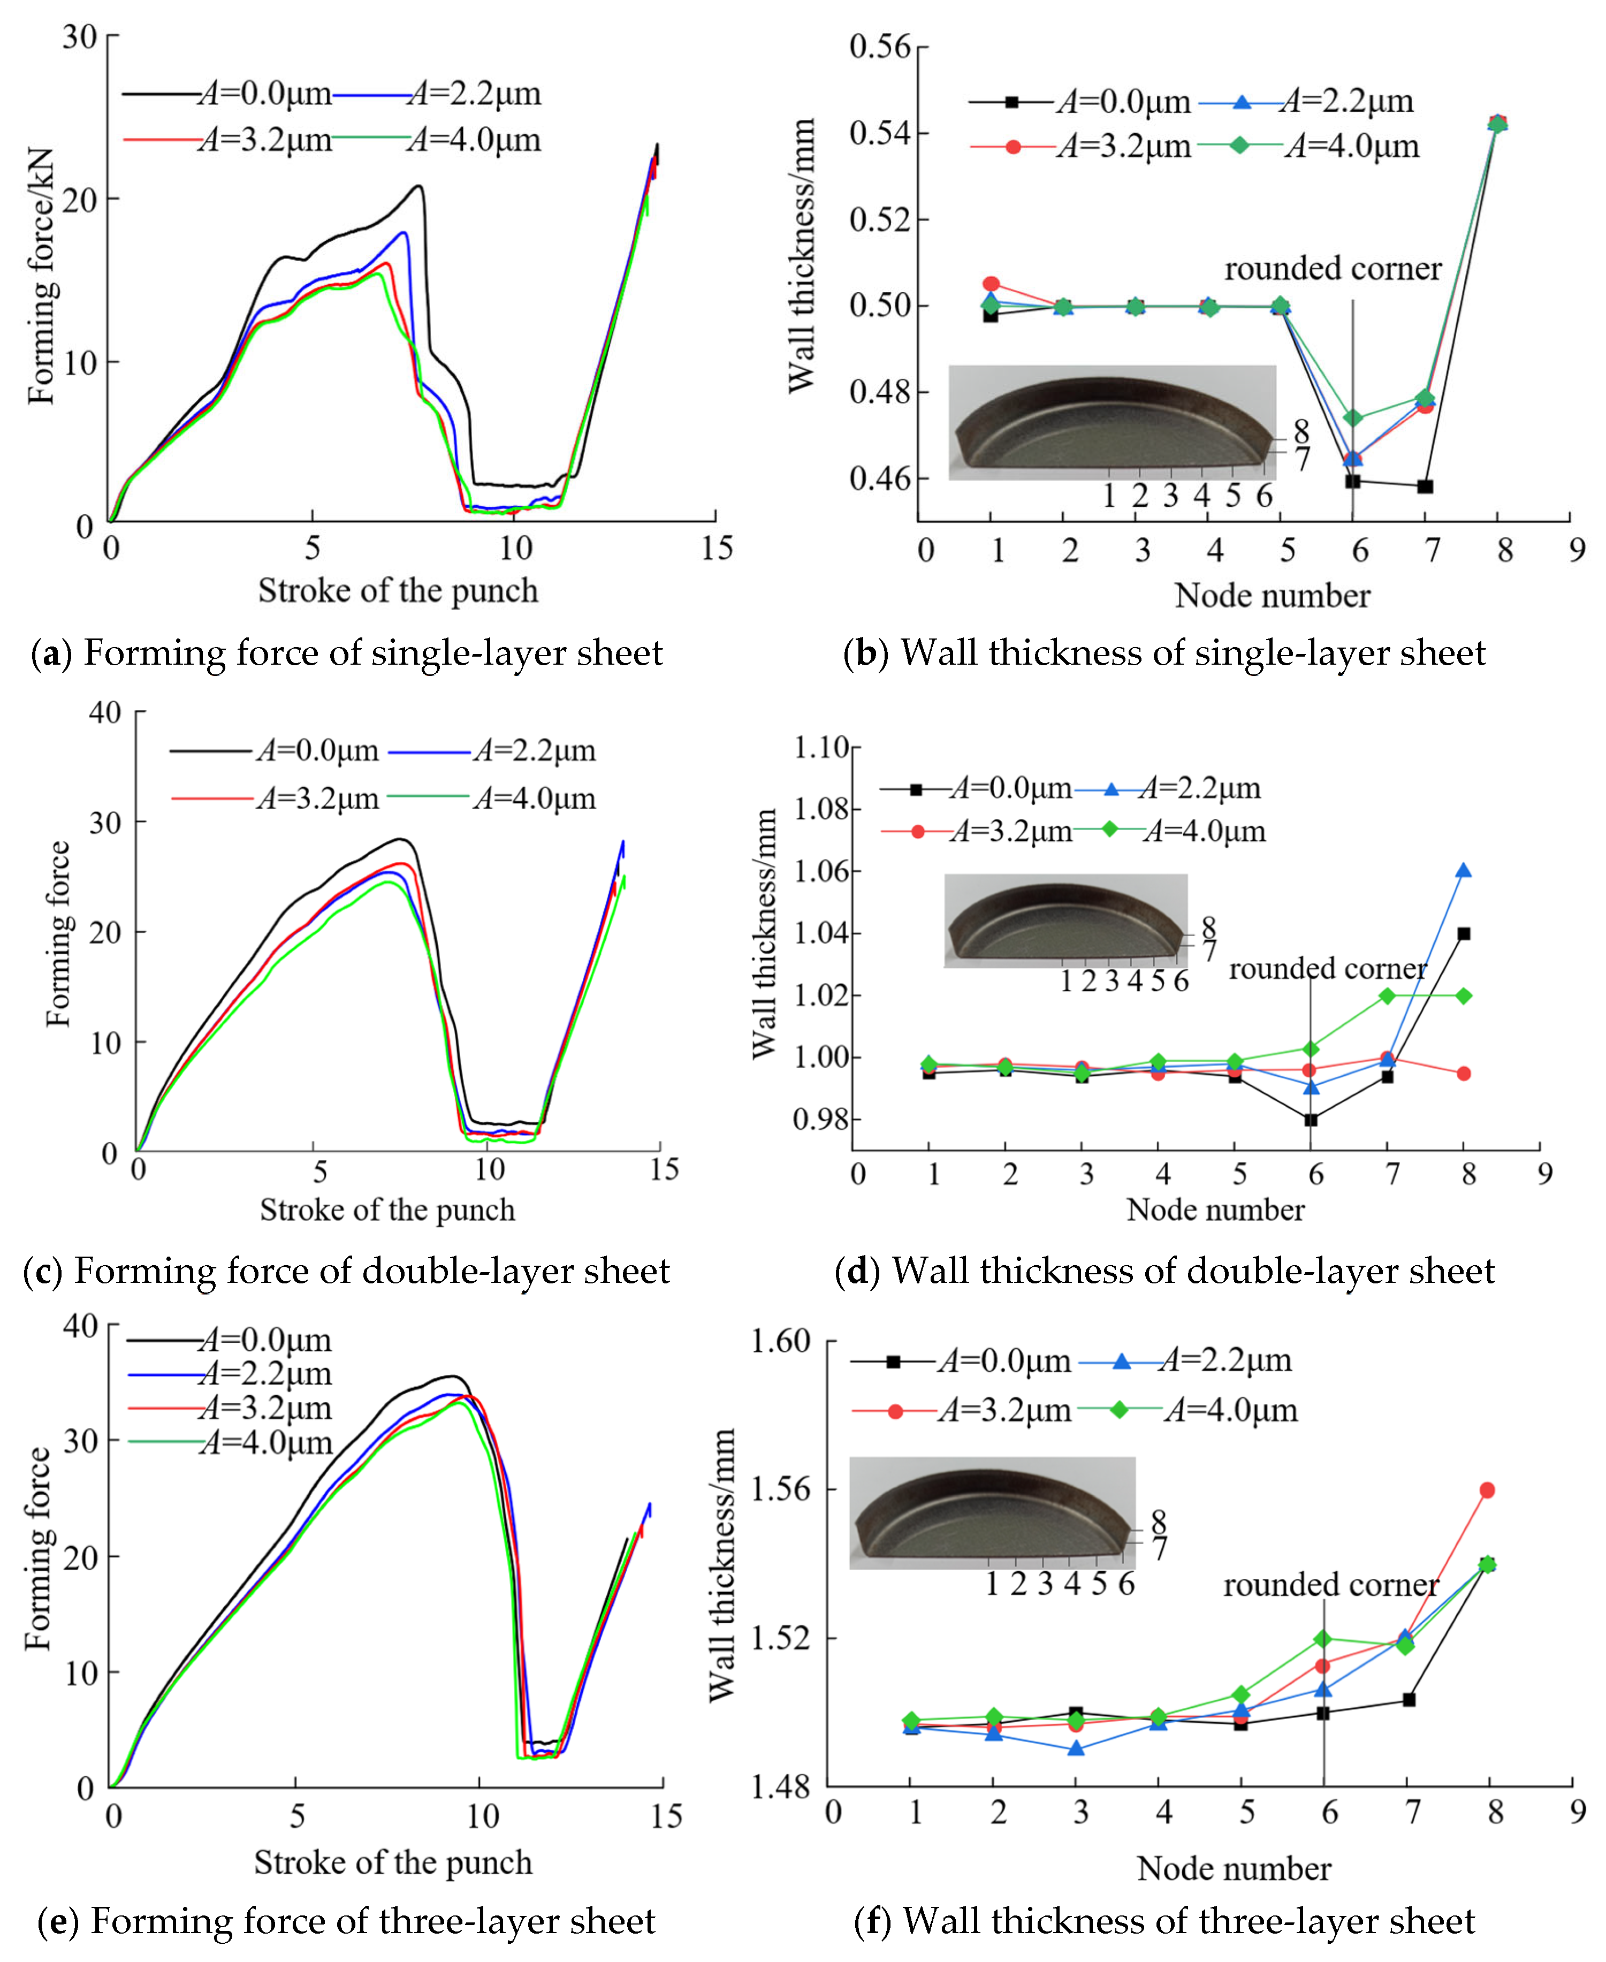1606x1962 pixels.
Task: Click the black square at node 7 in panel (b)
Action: pyautogui.click(x=1425, y=486)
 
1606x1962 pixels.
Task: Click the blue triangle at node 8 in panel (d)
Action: pyautogui.click(x=1464, y=870)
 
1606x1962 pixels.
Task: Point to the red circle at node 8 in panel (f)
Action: pyautogui.click(x=1488, y=1490)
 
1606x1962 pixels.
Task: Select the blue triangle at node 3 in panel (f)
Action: pyautogui.click(x=1076, y=1748)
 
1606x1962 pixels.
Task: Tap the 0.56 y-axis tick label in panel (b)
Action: pyautogui.click(x=880, y=46)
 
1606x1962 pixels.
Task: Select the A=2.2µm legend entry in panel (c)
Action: pyautogui.click(x=492, y=751)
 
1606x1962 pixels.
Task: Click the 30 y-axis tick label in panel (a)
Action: pyautogui.click(x=80, y=37)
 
